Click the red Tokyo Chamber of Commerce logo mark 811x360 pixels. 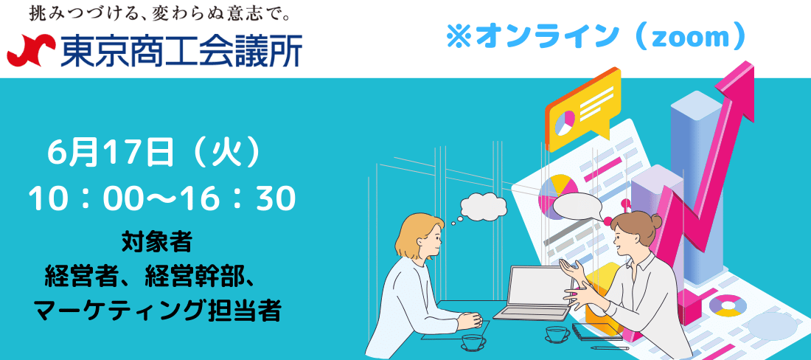coord(31,50)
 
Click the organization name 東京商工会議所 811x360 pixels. coord(181,51)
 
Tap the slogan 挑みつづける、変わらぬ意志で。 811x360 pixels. coord(159,13)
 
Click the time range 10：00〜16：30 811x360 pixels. coord(162,199)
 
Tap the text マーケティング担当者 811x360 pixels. coord(157,311)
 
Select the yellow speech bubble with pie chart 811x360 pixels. coord(583,110)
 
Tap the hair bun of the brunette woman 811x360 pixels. coord(655,221)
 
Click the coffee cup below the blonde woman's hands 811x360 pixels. coord(473,342)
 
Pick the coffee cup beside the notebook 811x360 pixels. coord(557,333)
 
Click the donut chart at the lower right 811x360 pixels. coord(728,305)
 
